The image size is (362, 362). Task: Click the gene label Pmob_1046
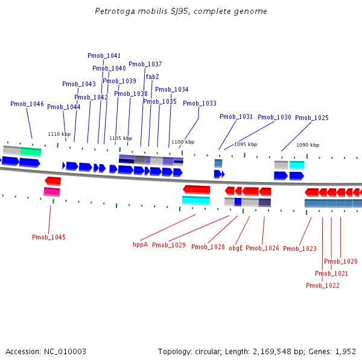(x=27, y=104)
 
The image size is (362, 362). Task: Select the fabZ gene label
(x=152, y=77)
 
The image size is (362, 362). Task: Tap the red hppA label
(x=140, y=245)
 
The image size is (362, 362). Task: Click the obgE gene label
(x=235, y=248)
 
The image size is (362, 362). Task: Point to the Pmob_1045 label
(x=49, y=237)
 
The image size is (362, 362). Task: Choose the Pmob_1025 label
(x=312, y=118)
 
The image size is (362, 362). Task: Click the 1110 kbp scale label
(x=59, y=134)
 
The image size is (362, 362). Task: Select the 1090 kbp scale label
(x=306, y=145)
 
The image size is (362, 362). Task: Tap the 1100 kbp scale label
(x=183, y=142)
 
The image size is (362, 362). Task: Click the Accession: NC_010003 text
(x=46, y=351)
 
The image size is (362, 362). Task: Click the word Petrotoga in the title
(x=115, y=11)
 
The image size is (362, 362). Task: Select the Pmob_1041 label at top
(x=104, y=56)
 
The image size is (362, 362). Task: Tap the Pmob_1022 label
(x=323, y=285)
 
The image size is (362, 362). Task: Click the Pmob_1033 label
(x=200, y=103)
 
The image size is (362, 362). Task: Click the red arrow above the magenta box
(x=53, y=181)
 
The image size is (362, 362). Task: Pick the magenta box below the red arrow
(x=52, y=192)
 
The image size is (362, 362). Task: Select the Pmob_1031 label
(x=237, y=116)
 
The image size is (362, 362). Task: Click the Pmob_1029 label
(x=169, y=245)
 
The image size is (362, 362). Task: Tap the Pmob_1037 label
(x=145, y=64)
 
